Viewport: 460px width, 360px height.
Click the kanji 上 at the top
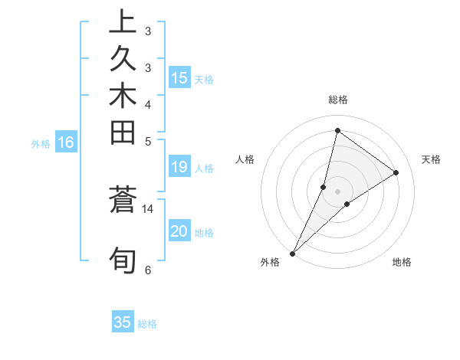[x=123, y=22]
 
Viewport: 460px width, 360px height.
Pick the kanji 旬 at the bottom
[x=123, y=260]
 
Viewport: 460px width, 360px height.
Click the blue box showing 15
[x=179, y=77]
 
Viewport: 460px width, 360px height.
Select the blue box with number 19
[x=179, y=168]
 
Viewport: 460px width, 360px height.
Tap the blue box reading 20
[x=179, y=232]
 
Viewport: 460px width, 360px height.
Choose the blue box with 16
[x=66, y=142]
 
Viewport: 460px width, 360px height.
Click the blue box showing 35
[x=123, y=322]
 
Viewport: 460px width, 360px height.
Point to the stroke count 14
[x=148, y=208]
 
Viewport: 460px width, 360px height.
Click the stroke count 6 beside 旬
[x=148, y=270]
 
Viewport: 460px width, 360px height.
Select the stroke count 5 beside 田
[x=148, y=141]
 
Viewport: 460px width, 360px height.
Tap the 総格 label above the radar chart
[x=337, y=100]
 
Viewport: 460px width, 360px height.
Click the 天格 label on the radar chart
[x=431, y=159]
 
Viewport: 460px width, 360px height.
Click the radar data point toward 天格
[x=396, y=173]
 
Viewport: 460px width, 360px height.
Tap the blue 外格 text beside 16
[x=41, y=143]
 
